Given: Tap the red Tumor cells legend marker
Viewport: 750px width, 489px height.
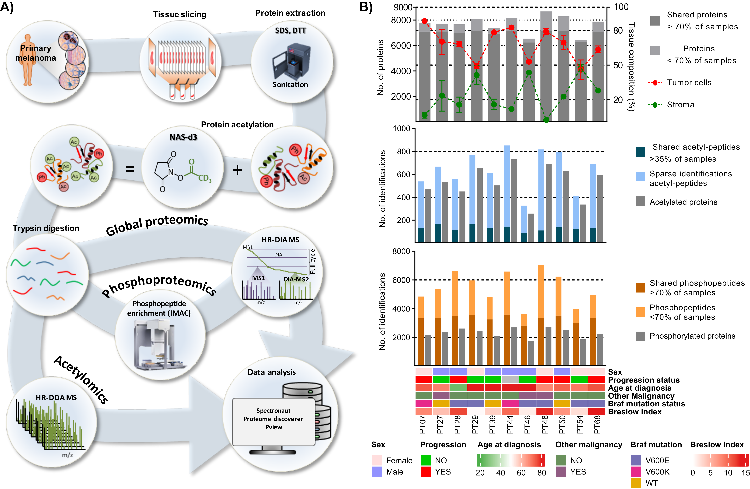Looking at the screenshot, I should tap(655, 83).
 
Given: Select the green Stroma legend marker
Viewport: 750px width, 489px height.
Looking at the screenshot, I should tap(655, 105).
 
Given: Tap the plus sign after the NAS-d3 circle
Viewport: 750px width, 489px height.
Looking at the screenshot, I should tap(237, 170).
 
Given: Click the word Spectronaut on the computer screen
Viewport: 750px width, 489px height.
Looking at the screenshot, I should tap(273, 411).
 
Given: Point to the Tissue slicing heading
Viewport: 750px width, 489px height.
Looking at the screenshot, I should tap(180, 14).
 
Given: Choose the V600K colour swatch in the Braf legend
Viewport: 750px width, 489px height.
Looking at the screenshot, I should tap(636, 472).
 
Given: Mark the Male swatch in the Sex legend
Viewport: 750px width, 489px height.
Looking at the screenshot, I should tap(377, 472).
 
